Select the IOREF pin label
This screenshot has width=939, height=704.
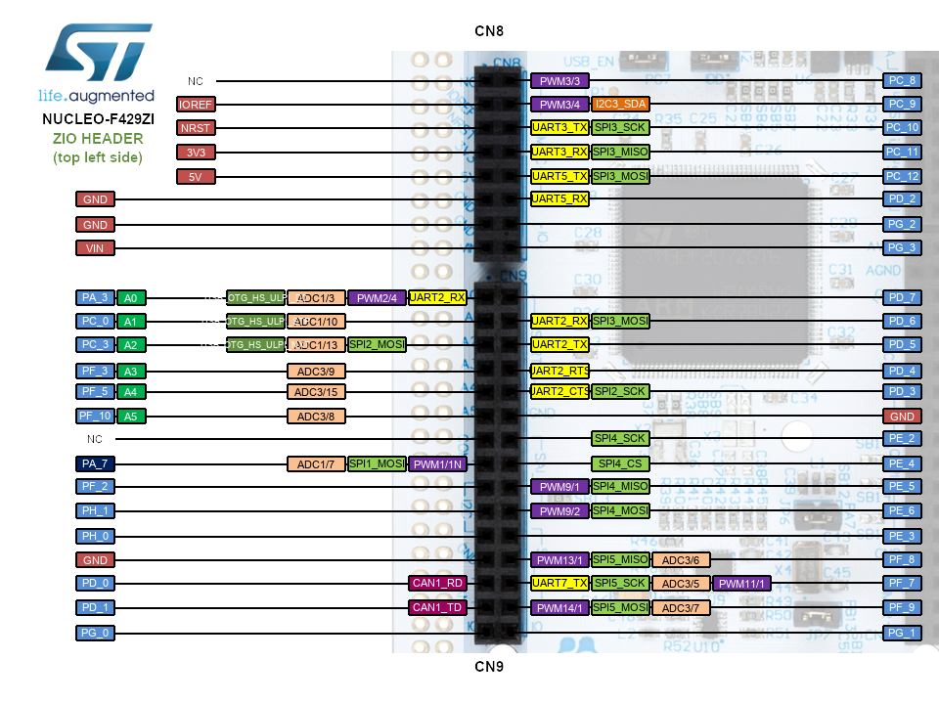pyautogui.click(x=196, y=104)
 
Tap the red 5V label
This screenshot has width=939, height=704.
pyautogui.click(x=196, y=177)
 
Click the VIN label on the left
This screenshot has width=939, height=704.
pyautogui.click(x=95, y=248)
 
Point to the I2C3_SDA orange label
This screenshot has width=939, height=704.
pyautogui.click(x=620, y=104)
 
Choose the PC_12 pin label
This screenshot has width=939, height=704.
pyautogui.click(x=901, y=177)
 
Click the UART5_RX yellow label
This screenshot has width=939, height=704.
pyautogui.click(x=559, y=199)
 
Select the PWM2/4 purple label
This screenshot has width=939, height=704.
pyautogui.click(x=377, y=298)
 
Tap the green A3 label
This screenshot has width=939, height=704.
pyautogui.click(x=131, y=371)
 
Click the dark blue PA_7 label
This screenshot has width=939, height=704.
pyautogui.click(x=95, y=464)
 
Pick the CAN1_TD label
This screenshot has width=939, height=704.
pyautogui.click(x=437, y=608)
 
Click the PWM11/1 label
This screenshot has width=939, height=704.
pyautogui.click(x=742, y=584)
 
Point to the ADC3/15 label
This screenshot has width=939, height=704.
pyautogui.click(x=316, y=392)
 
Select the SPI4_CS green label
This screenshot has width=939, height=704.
pyautogui.click(x=620, y=464)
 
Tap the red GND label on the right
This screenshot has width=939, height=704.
pyautogui.click(x=901, y=417)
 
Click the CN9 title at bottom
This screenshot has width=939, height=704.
pyautogui.click(x=489, y=668)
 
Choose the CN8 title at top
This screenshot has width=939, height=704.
pyautogui.click(x=489, y=31)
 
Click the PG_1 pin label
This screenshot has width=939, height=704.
pyautogui.click(x=901, y=633)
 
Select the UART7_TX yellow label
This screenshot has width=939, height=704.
pyautogui.click(x=559, y=584)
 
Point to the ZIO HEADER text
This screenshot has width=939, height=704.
pyautogui.click(x=98, y=140)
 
